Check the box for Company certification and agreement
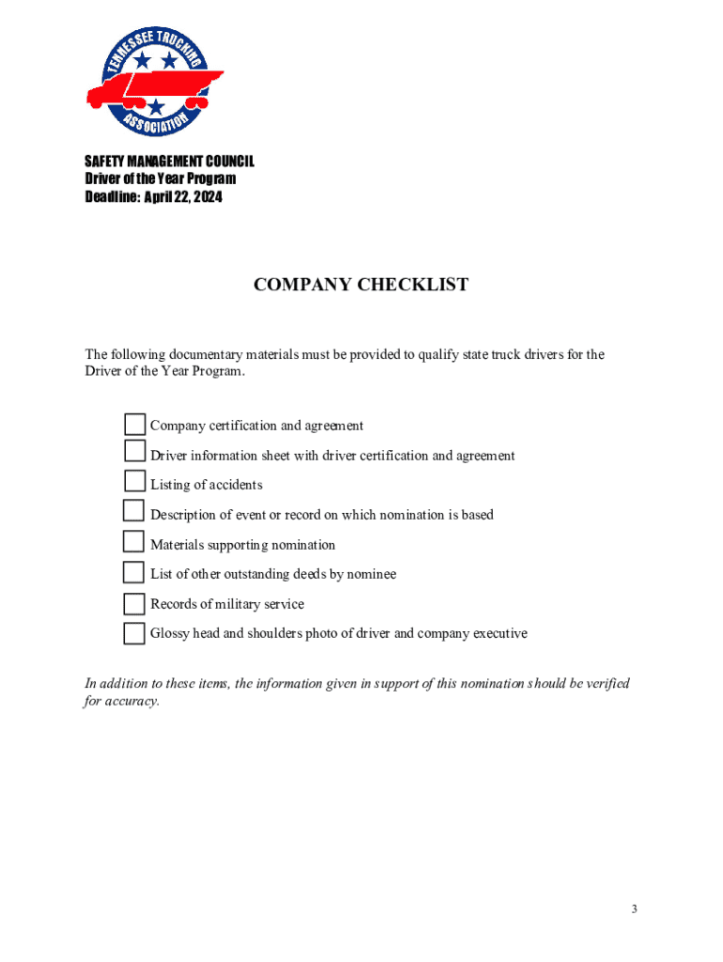[134, 425]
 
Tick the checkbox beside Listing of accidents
[134, 483]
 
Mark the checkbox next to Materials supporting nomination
[134, 543]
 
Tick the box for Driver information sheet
[134, 454]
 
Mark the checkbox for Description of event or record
[134, 513]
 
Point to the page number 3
[635, 908]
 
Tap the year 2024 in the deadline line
[207, 197]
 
